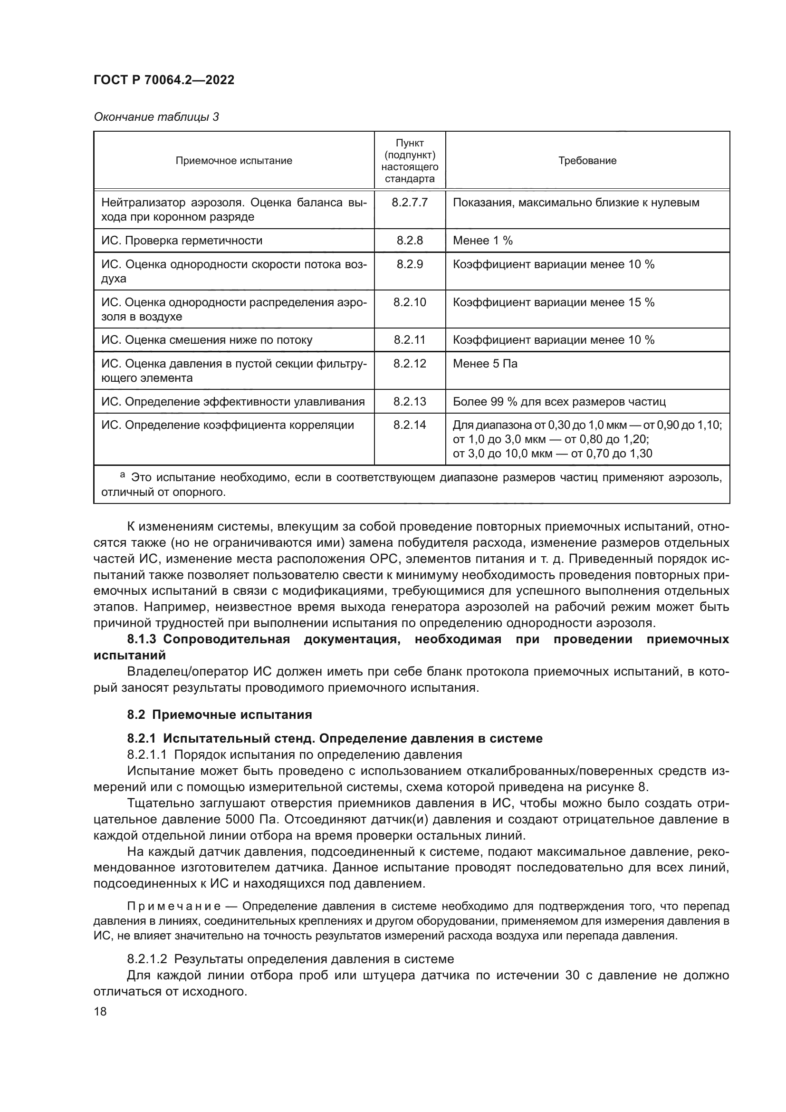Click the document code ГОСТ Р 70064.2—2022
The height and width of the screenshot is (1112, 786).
[163, 80]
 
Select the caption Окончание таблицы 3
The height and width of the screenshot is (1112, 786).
[156, 117]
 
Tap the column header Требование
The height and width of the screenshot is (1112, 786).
[587, 161]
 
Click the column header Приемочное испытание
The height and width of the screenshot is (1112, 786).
[234, 161]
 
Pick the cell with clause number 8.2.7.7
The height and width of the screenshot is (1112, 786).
[410, 203]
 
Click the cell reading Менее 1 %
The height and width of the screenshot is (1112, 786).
[482, 241]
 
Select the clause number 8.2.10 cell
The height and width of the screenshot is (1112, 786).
[410, 303]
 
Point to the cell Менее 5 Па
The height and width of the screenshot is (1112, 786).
[485, 364]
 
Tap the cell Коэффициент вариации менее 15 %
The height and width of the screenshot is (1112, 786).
[553, 303]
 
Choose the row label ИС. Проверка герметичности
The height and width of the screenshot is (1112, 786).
[182, 241]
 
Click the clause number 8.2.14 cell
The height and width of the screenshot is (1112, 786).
[410, 425]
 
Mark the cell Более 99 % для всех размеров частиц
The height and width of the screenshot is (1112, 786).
[559, 402]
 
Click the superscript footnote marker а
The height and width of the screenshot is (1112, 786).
[123, 475]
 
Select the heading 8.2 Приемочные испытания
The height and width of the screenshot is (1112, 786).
[219, 715]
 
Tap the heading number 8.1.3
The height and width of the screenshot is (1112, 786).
[141, 639]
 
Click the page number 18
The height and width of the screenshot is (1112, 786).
[100, 1011]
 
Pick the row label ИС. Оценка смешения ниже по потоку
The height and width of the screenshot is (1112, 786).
[207, 340]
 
